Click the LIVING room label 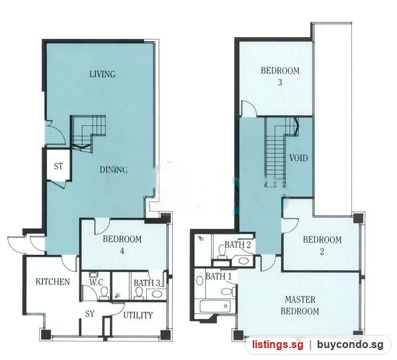click(103, 74)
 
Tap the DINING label click(113, 169)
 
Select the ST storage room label click(58, 166)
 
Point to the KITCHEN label click(53, 282)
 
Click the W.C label click(96, 283)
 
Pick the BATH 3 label click(147, 283)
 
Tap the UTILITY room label click(138, 315)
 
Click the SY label click(89, 314)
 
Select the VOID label click(298, 158)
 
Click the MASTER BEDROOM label click(300, 305)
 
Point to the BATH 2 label click(238, 245)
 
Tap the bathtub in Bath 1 click(214, 306)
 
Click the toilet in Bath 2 click(222, 252)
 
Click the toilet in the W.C click(104, 294)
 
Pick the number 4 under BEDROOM click(122, 251)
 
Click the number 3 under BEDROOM click(280, 83)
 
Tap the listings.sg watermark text click(277, 345)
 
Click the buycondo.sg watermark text click(350, 345)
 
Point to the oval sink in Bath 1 click(200, 281)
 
